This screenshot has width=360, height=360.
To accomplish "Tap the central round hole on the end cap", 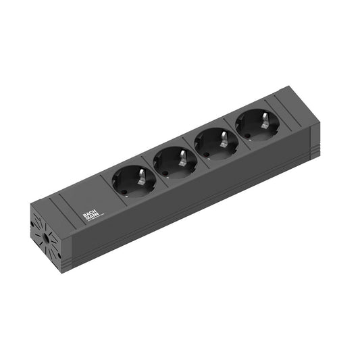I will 47,238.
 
